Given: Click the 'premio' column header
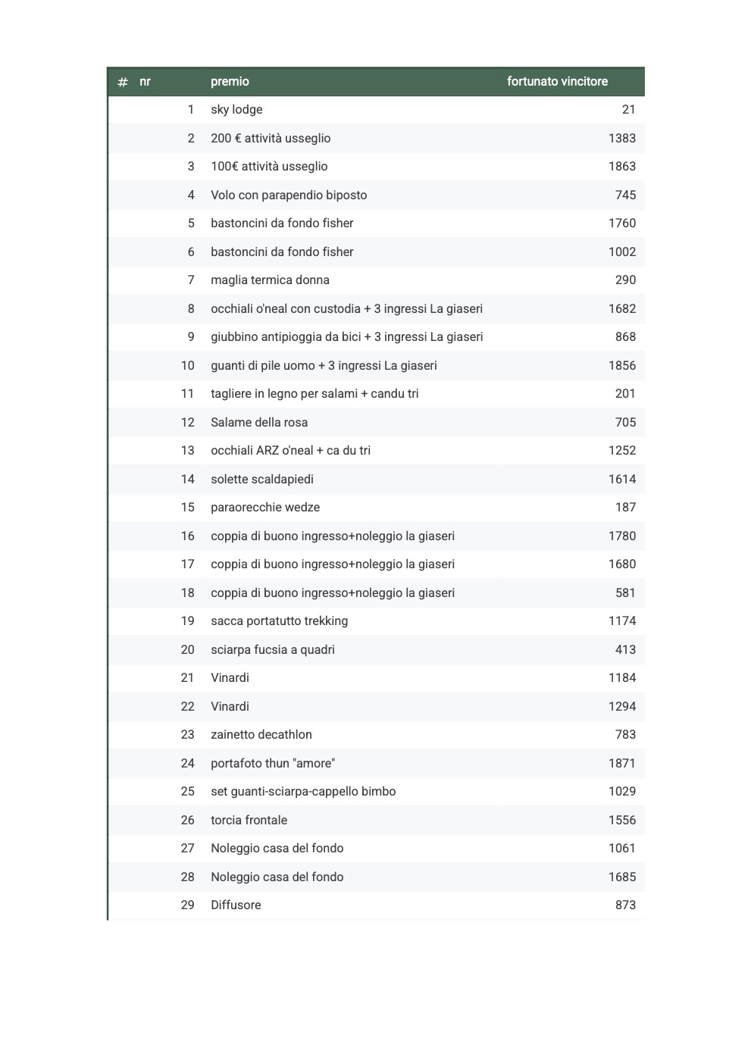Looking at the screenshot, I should (230, 82).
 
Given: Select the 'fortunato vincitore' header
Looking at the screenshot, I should (557, 82).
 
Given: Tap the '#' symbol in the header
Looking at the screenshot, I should (123, 82).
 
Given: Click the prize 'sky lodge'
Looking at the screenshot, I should (236, 110).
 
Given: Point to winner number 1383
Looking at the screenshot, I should (621, 139).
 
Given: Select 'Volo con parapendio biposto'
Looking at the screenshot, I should (289, 195).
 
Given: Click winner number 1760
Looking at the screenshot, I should (621, 224).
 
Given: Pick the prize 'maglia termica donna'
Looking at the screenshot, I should (270, 280).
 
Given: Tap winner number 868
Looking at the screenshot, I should (625, 337).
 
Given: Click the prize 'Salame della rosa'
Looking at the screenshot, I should (259, 423).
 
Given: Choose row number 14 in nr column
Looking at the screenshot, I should (187, 480).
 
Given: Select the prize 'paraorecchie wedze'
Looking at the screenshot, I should (265, 508).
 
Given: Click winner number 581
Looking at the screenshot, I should (625, 593).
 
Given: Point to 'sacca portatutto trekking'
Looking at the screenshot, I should (279, 621).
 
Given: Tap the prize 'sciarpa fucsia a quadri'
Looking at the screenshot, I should (273, 650).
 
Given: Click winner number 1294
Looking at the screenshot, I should (621, 707).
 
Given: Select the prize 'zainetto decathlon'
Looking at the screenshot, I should (261, 735).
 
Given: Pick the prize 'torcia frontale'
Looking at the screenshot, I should (249, 821).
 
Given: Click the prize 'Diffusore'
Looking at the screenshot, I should (236, 905).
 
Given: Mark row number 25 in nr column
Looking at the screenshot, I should (187, 792).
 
